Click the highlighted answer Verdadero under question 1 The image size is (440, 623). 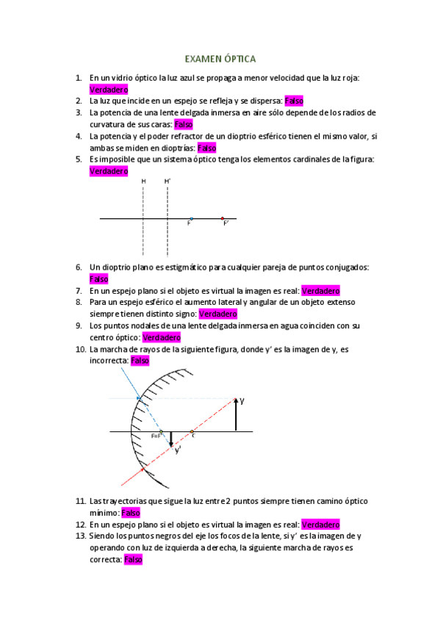point(108,89)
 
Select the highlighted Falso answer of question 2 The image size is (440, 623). point(294,101)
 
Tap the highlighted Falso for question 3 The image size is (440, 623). point(183,124)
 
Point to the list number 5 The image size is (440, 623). point(79,159)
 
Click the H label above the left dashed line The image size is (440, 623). point(143,181)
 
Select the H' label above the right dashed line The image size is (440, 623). point(167,181)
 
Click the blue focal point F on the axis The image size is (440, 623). point(191,218)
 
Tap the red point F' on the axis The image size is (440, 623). point(223,218)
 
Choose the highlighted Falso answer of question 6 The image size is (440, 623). point(98,278)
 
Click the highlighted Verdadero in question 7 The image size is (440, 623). point(321,290)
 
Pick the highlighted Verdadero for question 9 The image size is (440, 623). point(162,337)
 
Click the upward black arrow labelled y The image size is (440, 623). point(234,415)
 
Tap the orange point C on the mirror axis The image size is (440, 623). point(192,431)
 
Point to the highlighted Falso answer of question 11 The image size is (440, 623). point(130,513)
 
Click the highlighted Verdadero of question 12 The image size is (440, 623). point(321,525)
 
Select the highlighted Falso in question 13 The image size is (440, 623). point(133,560)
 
